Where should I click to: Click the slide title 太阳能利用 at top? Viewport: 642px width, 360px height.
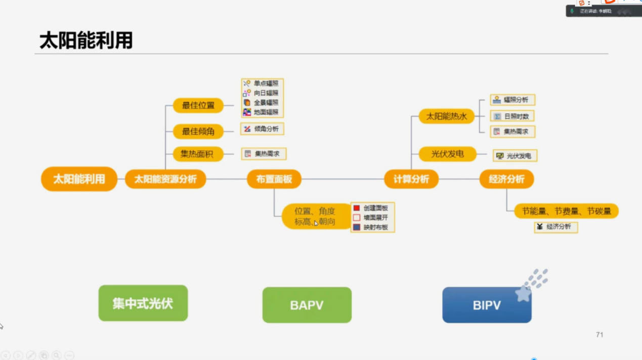coord(86,40)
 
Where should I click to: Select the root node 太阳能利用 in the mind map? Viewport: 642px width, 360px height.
coord(79,179)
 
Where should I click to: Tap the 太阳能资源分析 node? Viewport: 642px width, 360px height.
coord(165,179)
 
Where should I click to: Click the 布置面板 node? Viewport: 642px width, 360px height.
coord(274,179)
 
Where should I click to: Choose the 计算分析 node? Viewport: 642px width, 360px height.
coord(411,179)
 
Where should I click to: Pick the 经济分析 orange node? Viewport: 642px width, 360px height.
coord(506,179)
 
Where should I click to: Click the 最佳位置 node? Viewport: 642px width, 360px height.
coord(198,105)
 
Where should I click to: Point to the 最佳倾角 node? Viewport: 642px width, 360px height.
coord(198,131)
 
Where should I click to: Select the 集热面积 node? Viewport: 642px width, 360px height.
coord(198,154)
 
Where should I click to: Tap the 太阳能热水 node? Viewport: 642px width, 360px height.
coord(447,116)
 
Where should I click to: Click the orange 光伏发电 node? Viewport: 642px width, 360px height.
coord(448,154)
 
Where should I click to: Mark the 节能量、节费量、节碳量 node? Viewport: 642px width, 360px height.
coord(566,211)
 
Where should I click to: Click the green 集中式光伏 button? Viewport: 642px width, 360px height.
coord(143,303)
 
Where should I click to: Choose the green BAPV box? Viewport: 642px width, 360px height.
coord(307,305)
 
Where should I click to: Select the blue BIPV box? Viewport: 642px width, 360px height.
coord(487,305)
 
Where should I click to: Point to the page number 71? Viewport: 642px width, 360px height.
coord(600,335)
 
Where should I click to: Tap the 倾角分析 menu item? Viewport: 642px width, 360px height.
coord(262,129)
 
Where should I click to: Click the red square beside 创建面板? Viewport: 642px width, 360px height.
coord(357,208)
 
